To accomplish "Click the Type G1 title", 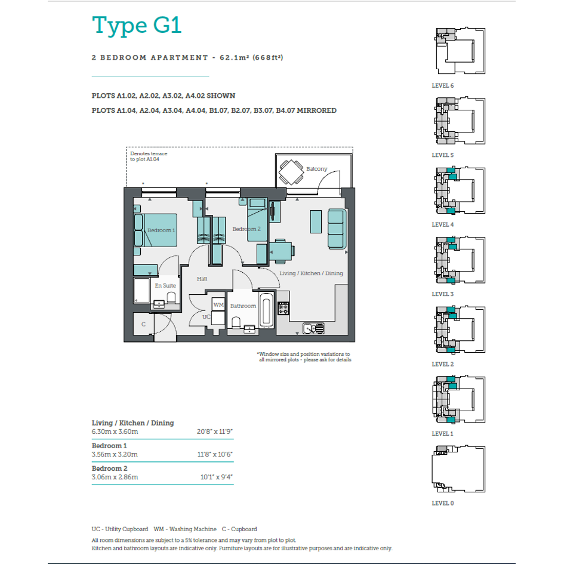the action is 137,25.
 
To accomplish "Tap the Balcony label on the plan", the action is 316,169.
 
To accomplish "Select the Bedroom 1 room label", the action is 161,230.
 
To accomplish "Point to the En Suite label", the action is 165,285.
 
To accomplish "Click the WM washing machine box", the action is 218,304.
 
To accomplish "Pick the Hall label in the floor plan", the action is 202,279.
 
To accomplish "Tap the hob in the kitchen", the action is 283,308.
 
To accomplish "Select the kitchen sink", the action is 313,328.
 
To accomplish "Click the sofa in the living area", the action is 337,229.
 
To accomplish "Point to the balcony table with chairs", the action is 291,172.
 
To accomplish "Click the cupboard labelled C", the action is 143,324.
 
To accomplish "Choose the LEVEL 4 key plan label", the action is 443,225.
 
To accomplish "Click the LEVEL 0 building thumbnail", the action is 458,469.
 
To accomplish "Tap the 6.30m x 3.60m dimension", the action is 115,432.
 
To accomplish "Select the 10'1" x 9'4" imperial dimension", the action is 217,477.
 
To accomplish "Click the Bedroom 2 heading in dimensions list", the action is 109,469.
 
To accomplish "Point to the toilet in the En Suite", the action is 171,297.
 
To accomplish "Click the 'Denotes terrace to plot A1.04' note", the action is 149,156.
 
